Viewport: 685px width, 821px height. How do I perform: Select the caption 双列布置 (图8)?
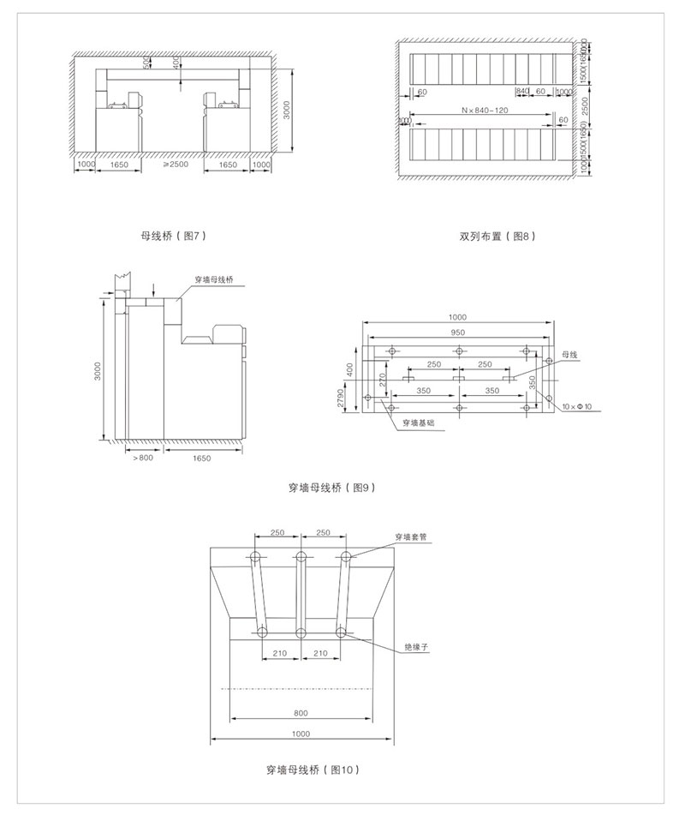pos(497,235)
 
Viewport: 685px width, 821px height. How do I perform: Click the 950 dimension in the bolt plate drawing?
pos(459,332)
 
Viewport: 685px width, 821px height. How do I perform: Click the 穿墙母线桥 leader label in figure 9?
pos(214,279)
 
